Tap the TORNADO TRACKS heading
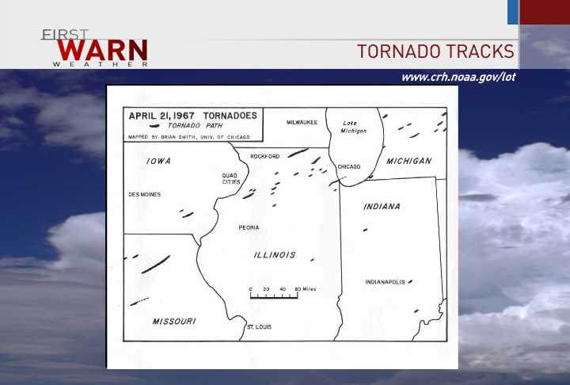point(435,51)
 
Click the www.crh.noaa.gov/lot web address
point(458,77)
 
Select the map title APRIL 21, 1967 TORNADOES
point(192,115)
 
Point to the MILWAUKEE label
point(302,122)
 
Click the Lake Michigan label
point(353,127)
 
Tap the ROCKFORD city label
point(264,156)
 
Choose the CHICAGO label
point(349,166)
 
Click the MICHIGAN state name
point(408,161)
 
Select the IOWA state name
point(158,161)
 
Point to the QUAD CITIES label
point(231,178)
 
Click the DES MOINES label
point(144,194)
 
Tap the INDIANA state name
point(382,207)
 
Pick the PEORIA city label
point(249,227)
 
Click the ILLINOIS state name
point(275,255)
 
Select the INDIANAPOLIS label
point(385,282)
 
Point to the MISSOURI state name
point(174,321)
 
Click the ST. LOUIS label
point(259,326)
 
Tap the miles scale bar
point(274,295)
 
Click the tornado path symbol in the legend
point(144,125)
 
